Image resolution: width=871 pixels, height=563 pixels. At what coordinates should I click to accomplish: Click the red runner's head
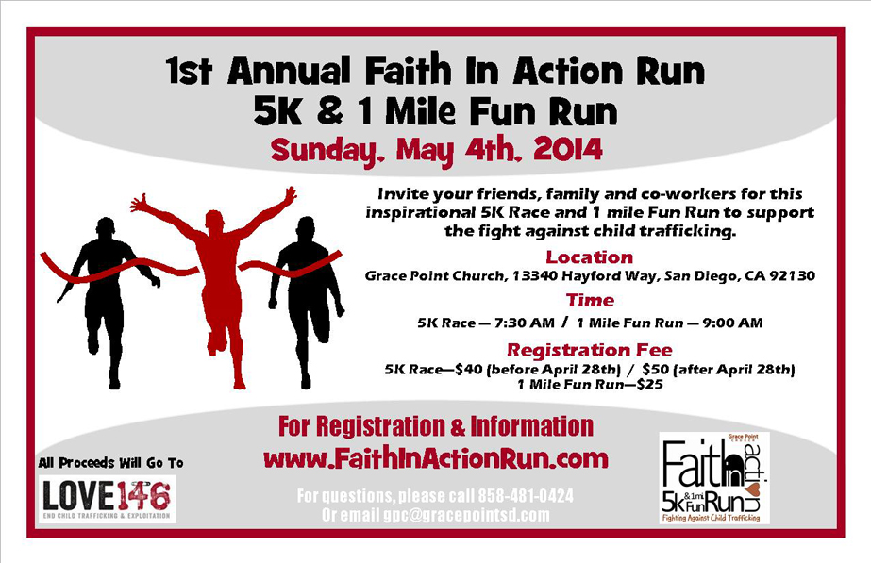coord(215,222)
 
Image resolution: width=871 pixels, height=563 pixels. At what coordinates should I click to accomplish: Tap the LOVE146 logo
coord(108,499)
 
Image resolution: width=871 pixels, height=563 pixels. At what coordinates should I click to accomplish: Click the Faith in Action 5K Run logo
coord(714,478)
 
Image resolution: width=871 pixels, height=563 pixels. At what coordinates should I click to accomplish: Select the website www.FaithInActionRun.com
coord(436,459)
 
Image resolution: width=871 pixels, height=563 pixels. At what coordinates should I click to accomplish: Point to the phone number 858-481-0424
coord(526,495)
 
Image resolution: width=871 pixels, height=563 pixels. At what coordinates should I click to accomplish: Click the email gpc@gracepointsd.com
coord(466,515)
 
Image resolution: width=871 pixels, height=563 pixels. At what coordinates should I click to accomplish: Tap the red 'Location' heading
coord(590,257)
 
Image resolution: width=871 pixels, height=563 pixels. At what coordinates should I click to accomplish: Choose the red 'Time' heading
coord(590,301)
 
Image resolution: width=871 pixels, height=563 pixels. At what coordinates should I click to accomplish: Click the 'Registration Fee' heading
coord(590,350)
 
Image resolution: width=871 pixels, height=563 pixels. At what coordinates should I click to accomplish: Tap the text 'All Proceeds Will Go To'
coord(110,462)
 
